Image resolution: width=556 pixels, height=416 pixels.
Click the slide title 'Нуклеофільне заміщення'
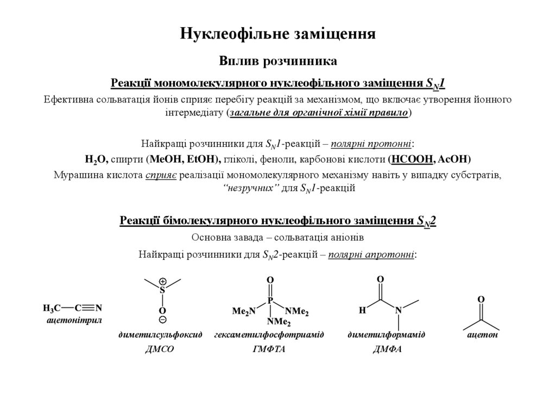278,34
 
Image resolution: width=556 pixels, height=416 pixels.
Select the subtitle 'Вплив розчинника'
278,61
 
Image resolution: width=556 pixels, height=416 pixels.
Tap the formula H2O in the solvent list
97,159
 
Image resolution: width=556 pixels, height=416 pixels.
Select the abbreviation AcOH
453,159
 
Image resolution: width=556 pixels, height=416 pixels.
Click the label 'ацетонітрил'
75,321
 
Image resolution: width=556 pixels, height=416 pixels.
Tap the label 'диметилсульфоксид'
160,335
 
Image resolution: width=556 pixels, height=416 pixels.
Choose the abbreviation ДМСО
160,349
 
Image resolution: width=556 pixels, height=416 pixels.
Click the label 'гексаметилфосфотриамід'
269,335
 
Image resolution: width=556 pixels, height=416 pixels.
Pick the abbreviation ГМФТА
269,349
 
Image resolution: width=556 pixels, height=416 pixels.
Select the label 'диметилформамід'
387,335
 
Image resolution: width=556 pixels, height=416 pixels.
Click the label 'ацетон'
483,335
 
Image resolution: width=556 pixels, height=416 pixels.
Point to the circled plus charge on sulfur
162,282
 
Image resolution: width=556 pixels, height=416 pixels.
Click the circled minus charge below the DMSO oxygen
162,320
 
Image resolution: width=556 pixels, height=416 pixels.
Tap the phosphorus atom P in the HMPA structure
270,299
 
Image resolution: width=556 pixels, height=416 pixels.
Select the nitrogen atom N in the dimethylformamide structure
399,310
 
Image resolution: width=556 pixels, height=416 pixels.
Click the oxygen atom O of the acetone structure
481,299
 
